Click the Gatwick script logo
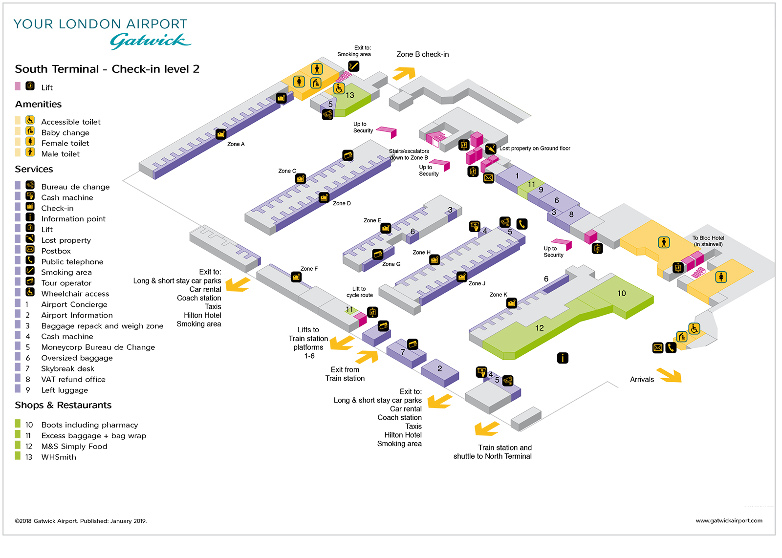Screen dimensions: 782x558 pyautogui.click(x=150, y=41)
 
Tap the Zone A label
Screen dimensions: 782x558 pyautogui.click(x=236, y=144)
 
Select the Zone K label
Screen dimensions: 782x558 pyautogui.click(x=498, y=295)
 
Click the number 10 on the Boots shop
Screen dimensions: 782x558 pyautogui.click(x=622, y=293)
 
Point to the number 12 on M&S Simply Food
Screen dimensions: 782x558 pyautogui.click(x=540, y=328)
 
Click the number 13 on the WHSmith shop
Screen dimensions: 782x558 pyautogui.click(x=350, y=95)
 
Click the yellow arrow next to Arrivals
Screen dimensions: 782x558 pyautogui.click(x=669, y=375)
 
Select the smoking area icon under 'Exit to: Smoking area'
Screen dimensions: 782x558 pyautogui.click(x=354, y=66)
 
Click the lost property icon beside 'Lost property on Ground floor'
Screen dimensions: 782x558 pyautogui.click(x=491, y=149)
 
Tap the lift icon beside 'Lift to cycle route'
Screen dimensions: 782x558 pyautogui.click(x=372, y=312)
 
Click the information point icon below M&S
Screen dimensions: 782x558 pyautogui.click(x=563, y=358)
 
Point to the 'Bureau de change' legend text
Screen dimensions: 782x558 pyautogui.click(x=75, y=187)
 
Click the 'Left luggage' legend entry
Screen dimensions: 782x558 pyautogui.click(x=65, y=390)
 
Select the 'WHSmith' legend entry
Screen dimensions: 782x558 pyautogui.click(x=59, y=457)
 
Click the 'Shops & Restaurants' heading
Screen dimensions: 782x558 pyautogui.click(x=63, y=405)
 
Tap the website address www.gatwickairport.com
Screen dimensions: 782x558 pyautogui.click(x=729, y=521)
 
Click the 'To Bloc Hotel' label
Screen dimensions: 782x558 pyautogui.click(x=708, y=238)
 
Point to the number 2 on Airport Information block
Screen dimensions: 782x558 pyautogui.click(x=439, y=368)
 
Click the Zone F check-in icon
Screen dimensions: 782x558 pyautogui.click(x=296, y=277)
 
